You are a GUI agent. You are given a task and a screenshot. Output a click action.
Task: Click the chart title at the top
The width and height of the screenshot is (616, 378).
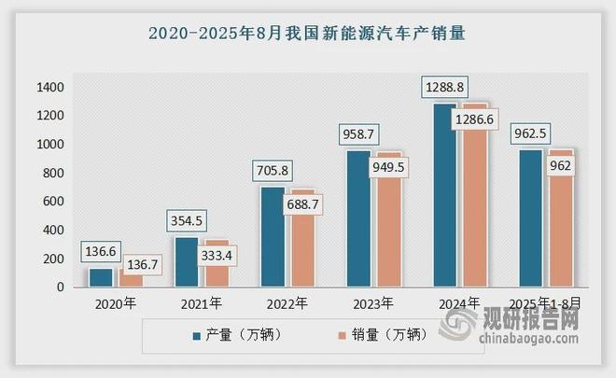(307, 32)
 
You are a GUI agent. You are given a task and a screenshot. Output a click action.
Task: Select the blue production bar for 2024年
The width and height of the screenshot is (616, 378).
(444, 201)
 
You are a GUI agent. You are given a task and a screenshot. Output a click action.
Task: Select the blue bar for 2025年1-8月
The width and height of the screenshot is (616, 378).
(530, 219)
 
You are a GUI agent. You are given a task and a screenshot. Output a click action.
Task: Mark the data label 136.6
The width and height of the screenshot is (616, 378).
(102, 253)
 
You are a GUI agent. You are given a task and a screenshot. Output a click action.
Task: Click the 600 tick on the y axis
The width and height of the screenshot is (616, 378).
(53, 202)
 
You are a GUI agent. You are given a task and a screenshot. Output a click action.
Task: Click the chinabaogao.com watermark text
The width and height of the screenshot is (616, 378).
(542, 347)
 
